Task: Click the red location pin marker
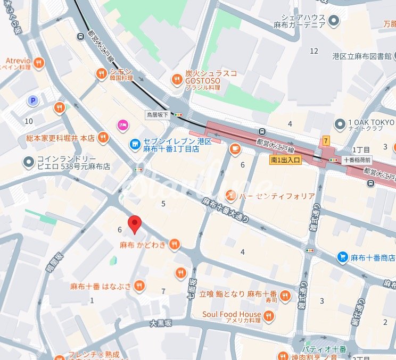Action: point(135,224)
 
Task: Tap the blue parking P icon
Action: point(33,101)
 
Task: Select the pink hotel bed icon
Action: point(122,125)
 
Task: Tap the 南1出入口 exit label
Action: point(285,158)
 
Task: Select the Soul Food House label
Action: point(232,314)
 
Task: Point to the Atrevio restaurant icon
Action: point(38,64)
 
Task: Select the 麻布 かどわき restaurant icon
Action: point(174,245)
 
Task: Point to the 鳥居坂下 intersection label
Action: point(157,114)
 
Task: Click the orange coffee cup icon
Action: point(234,150)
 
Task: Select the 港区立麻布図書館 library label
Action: point(362,56)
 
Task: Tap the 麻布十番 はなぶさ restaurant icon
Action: point(139,286)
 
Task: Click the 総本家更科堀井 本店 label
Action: point(60,138)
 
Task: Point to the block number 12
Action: point(314,51)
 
